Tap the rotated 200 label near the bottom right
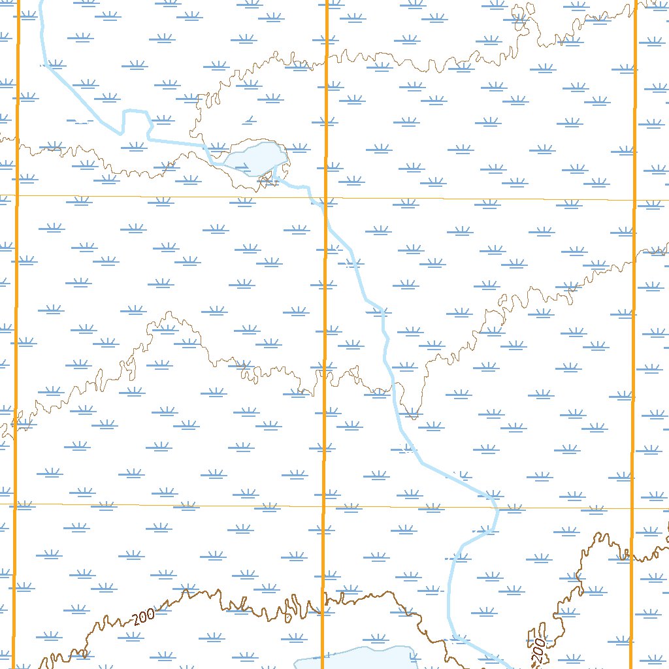coord(538,649)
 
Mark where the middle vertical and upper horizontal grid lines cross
coord(326,197)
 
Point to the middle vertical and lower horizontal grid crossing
coord(324,506)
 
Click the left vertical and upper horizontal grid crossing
coord(17,195)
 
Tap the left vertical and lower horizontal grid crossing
coord(14,504)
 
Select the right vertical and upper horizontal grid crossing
coord(634,200)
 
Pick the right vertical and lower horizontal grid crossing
coord(632,508)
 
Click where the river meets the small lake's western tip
coord(226,160)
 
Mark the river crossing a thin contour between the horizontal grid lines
coord(391,391)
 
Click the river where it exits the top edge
coord(41,2)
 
